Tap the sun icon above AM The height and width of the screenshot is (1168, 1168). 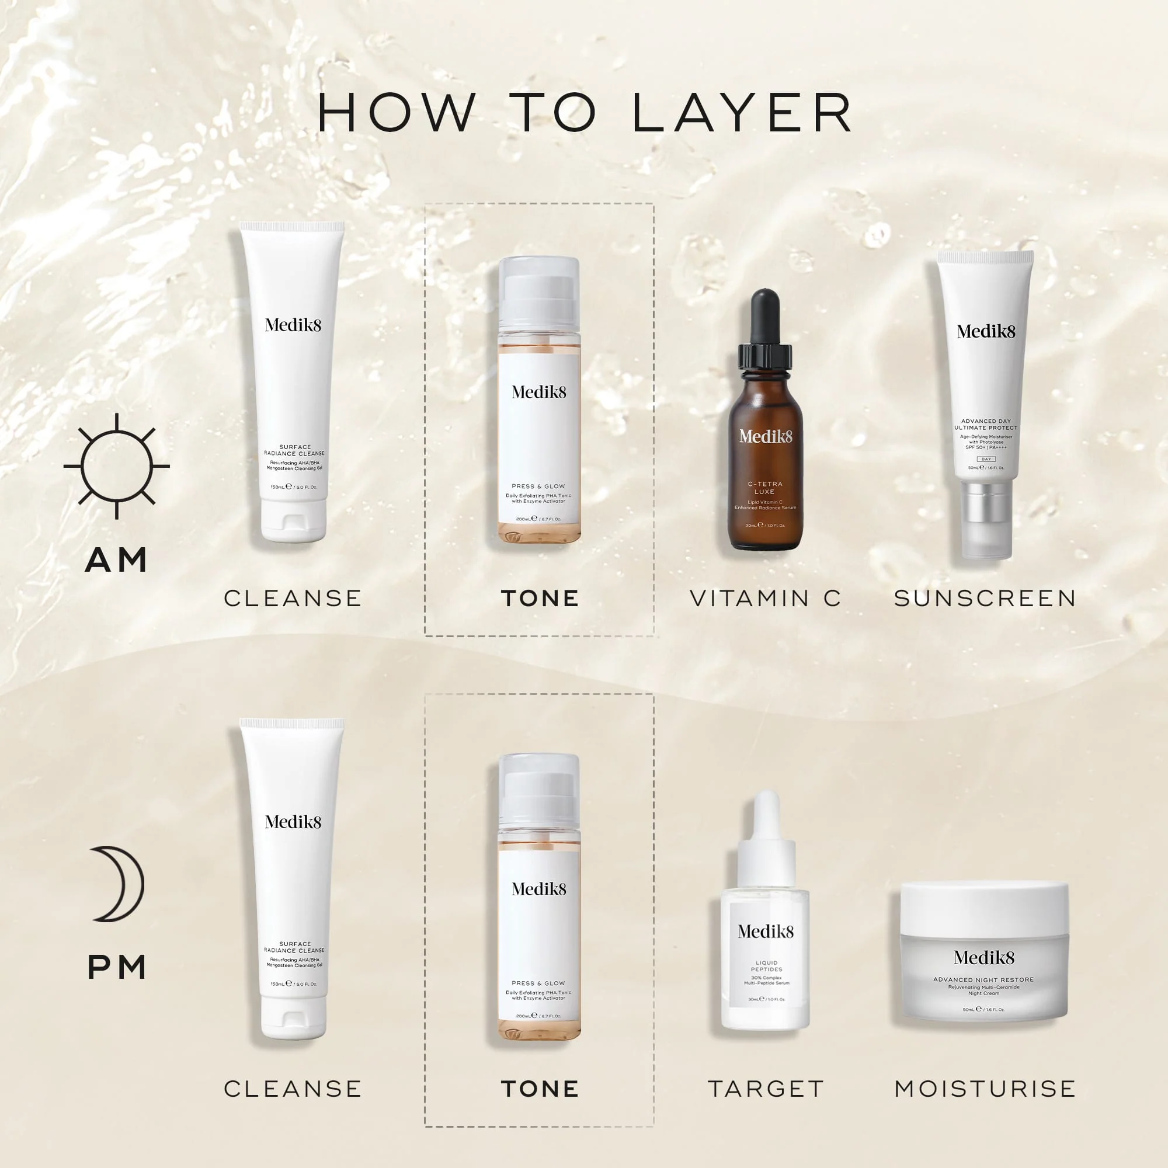[x=117, y=465]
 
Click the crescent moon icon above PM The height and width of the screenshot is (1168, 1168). [x=118, y=884]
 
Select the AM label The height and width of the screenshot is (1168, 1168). [x=116, y=560]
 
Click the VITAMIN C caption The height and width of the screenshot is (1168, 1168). [x=766, y=599]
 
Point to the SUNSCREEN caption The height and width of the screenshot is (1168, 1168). [x=985, y=599]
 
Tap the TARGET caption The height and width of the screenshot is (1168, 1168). [x=766, y=1089]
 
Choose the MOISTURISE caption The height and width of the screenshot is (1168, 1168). [x=985, y=1089]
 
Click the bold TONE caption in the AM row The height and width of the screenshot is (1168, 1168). [x=540, y=599]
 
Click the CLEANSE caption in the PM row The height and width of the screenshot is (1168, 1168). [x=293, y=1089]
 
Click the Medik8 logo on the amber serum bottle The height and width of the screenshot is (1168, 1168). [x=766, y=436]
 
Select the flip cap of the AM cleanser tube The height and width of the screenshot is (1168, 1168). [x=294, y=521]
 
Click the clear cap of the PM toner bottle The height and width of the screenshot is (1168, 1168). [x=539, y=786]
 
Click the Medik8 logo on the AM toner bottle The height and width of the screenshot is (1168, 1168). [x=539, y=392]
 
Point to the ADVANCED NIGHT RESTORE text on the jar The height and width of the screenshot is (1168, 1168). [x=983, y=980]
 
